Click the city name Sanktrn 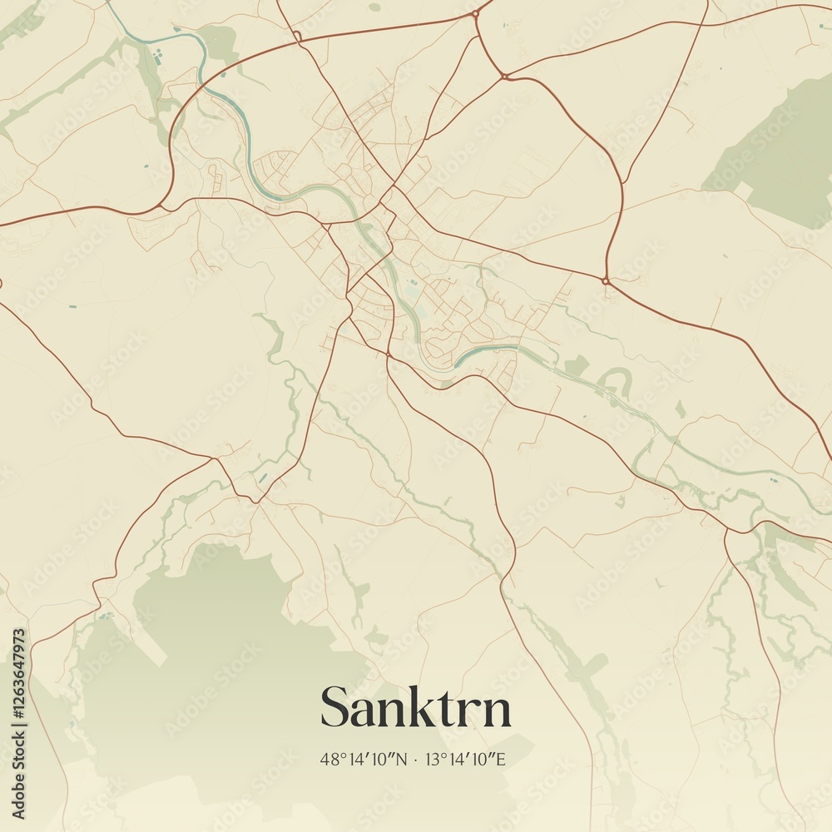click(415, 708)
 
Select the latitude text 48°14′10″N click(364, 759)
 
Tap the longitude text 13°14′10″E click(466, 759)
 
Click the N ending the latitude click(402, 759)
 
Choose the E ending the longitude click(503, 759)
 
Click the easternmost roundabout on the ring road click(607, 281)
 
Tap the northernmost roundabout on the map click(475, 13)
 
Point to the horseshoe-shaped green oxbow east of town click(616, 381)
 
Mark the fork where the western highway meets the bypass click(163, 203)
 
